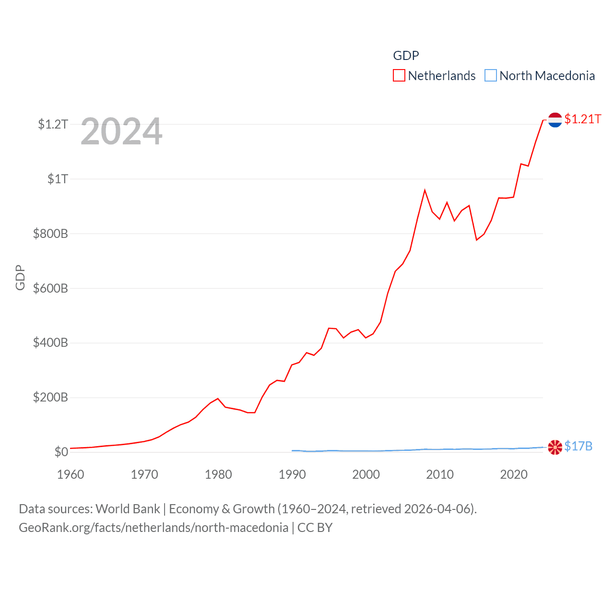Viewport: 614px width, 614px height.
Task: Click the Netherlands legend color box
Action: pyautogui.click(x=399, y=75)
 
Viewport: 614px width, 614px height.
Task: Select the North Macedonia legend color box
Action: pyautogui.click(x=490, y=75)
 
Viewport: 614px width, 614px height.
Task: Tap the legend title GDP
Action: pyautogui.click(x=406, y=56)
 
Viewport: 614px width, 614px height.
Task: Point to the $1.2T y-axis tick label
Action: pyautogui.click(x=53, y=124)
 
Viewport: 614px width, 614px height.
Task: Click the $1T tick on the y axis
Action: pyautogui.click(x=58, y=179)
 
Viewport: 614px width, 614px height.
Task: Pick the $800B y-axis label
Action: pyautogui.click(x=50, y=234)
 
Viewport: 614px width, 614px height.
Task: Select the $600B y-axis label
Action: pyautogui.click(x=50, y=288)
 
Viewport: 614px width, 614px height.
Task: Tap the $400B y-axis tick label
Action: pyautogui.click(x=50, y=342)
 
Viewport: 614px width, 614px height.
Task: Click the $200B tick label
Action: pyautogui.click(x=50, y=397)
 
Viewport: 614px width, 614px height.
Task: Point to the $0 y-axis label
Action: pyautogui.click(x=61, y=452)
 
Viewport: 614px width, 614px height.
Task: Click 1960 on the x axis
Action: pyautogui.click(x=71, y=474)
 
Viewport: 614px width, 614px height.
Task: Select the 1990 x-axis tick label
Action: pyautogui.click(x=292, y=474)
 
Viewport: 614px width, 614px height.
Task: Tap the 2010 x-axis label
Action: pyautogui.click(x=440, y=474)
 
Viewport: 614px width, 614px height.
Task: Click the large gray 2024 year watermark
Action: pyautogui.click(x=121, y=131)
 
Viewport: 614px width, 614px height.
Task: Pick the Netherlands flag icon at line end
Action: pyautogui.click(x=555, y=120)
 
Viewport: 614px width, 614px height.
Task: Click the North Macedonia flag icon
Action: pyautogui.click(x=555, y=447)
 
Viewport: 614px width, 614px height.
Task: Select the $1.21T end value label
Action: pyautogui.click(x=583, y=119)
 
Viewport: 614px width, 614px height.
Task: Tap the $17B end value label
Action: pyautogui.click(x=579, y=446)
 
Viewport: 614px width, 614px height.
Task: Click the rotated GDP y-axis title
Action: pyautogui.click(x=20, y=277)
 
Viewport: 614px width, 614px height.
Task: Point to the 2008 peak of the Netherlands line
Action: pyautogui.click(x=425, y=190)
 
